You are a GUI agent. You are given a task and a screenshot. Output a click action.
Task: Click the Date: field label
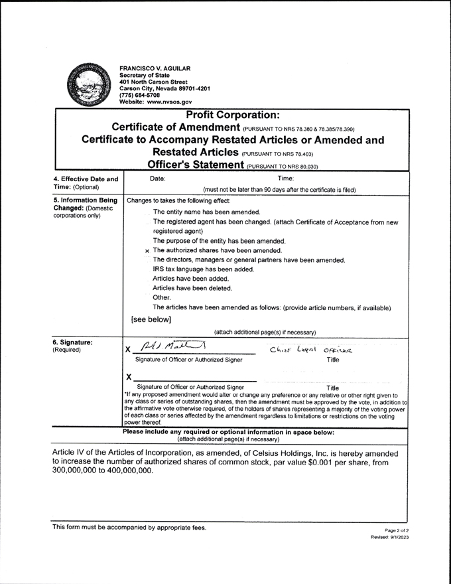(141, 178)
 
